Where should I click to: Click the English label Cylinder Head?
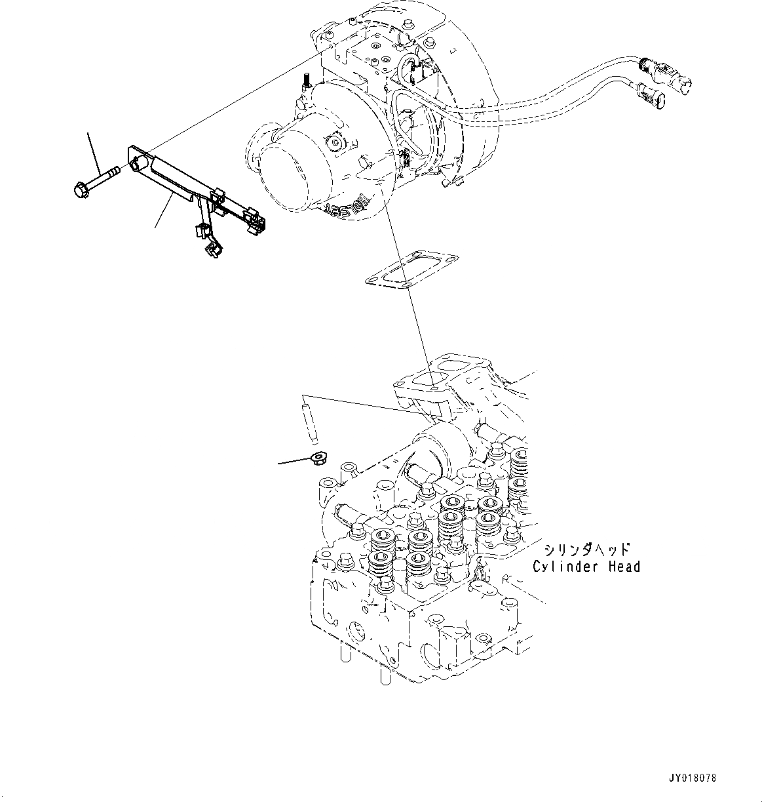coord(586,567)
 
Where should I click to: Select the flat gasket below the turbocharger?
coord(411,271)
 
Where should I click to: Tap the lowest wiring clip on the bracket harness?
coord(214,249)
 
